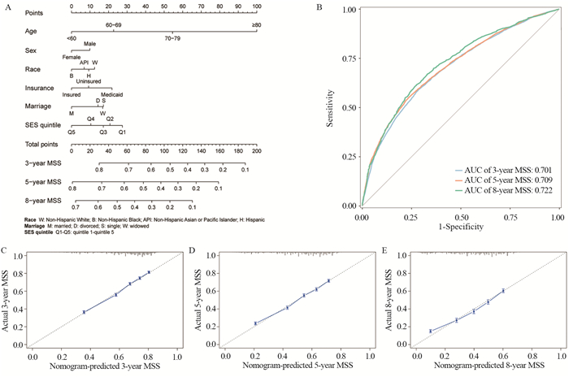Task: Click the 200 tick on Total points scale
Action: point(256,151)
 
